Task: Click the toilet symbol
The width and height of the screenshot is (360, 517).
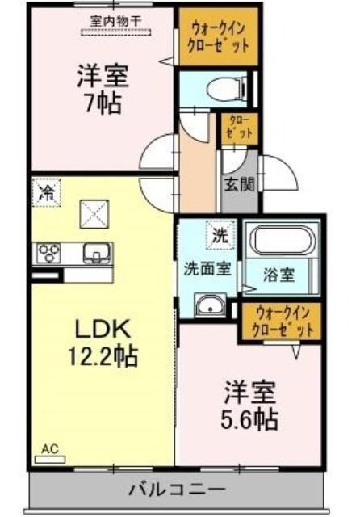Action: pyautogui.click(x=228, y=88)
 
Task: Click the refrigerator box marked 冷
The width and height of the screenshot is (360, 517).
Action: pyautogui.click(x=47, y=193)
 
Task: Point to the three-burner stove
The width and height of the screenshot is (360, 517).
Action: pyautogui.click(x=48, y=253)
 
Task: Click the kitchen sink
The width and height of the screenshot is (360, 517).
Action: pyautogui.click(x=97, y=253)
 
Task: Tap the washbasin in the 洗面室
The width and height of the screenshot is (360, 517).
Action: pyautogui.click(x=210, y=305)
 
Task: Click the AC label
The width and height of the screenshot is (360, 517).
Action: pyautogui.click(x=50, y=448)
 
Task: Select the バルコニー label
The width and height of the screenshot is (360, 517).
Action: pyautogui.click(x=177, y=489)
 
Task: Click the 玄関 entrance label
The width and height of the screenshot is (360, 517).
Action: pyautogui.click(x=240, y=185)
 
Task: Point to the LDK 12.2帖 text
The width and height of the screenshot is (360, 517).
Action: pyautogui.click(x=103, y=343)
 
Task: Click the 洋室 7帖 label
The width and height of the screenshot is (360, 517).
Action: pyautogui.click(x=103, y=89)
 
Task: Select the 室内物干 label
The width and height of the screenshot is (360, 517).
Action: pyautogui.click(x=115, y=22)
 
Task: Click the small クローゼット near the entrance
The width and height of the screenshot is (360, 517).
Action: pyautogui.click(x=239, y=128)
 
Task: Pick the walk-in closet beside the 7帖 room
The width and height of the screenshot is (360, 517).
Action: pyautogui.click(x=218, y=36)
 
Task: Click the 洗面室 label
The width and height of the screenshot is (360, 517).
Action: pyautogui.click(x=207, y=269)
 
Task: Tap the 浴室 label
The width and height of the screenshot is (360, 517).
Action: pyautogui.click(x=278, y=275)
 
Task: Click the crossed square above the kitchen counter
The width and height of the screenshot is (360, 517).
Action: pyautogui.click(x=94, y=214)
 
